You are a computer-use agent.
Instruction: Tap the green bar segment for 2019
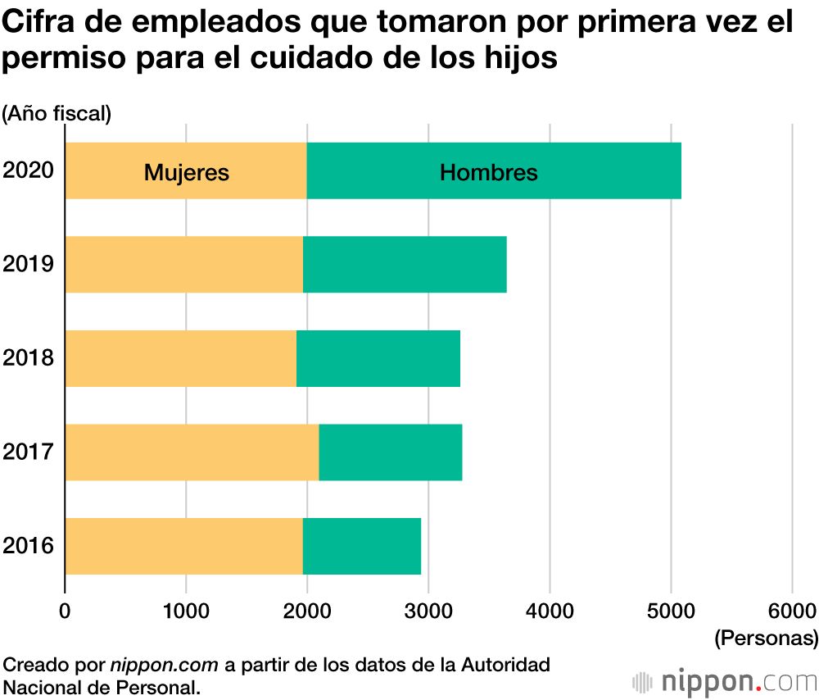[405, 264]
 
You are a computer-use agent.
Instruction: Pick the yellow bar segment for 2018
[180, 358]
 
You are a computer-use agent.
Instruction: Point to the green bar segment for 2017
[390, 452]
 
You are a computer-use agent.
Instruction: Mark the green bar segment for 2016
[361, 546]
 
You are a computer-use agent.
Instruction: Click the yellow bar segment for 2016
[183, 546]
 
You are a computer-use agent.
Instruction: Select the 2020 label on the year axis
[28, 170]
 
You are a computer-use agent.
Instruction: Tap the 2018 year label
[28, 358]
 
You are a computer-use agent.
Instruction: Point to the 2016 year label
[28, 546]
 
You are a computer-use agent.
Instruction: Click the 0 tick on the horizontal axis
[65, 610]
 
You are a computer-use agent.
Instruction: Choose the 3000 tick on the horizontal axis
[428, 610]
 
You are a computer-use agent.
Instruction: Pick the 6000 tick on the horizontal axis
[791, 610]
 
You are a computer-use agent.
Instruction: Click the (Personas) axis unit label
[766, 637]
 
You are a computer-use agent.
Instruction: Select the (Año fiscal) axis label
[57, 113]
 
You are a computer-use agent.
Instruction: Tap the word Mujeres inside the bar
[187, 173]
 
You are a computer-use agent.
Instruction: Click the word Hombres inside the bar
[489, 173]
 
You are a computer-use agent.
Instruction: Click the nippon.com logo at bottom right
[725, 681]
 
